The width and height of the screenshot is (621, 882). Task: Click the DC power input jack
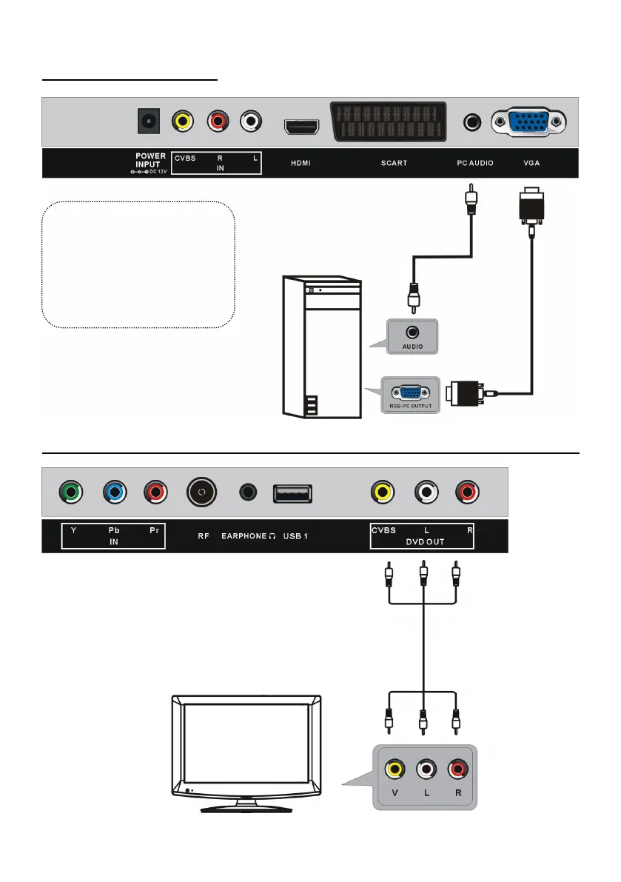click(151, 121)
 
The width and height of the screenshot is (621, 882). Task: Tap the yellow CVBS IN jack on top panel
click(183, 121)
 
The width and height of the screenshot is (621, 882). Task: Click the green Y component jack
click(72, 491)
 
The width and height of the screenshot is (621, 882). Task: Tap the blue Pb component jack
click(114, 491)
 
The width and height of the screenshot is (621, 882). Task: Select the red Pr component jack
click(154, 491)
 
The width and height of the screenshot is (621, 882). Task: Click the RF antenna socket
click(202, 491)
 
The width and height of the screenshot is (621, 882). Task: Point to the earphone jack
click(249, 491)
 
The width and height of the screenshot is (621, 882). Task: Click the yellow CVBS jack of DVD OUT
click(383, 491)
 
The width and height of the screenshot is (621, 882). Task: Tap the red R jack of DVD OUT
click(468, 491)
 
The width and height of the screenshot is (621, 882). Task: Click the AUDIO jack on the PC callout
click(412, 334)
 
